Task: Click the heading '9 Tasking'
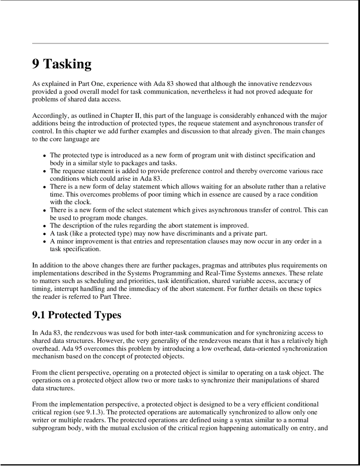(x=62, y=64)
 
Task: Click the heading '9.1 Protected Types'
(x=76, y=315)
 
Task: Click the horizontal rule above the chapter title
(x=180, y=43)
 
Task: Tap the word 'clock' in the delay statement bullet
(x=82, y=202)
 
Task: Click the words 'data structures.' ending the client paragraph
(x=53, y=388)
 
